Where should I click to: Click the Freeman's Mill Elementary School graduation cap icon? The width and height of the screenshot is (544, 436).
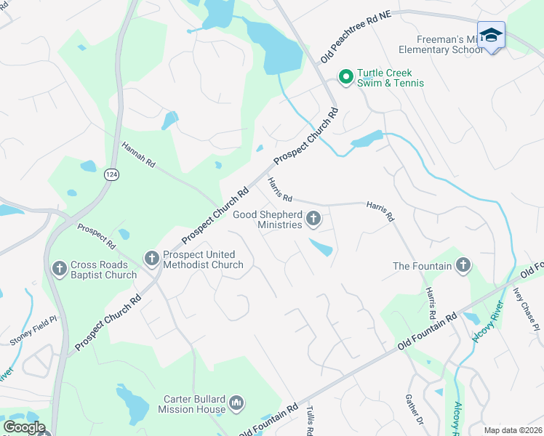(491, 36)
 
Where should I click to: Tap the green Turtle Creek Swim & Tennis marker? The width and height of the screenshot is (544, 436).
(345, 74)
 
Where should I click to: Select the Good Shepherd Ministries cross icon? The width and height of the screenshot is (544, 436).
(313, 217)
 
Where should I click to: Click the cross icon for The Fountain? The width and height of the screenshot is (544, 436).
(462, 265)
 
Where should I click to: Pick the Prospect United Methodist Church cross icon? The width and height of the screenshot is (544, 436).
(151, 257)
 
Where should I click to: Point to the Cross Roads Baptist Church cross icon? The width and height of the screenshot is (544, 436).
(59, 269)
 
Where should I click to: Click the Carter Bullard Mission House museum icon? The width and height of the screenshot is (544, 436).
(236, 403)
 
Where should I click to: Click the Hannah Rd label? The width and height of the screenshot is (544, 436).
(139, 156)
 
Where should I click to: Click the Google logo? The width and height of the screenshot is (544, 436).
(24, 427)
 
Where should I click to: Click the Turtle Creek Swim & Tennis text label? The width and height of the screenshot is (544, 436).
(390, 78)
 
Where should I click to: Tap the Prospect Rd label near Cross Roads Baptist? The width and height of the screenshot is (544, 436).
(96, 233)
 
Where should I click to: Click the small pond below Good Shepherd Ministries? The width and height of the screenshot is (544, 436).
(321, 248)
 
